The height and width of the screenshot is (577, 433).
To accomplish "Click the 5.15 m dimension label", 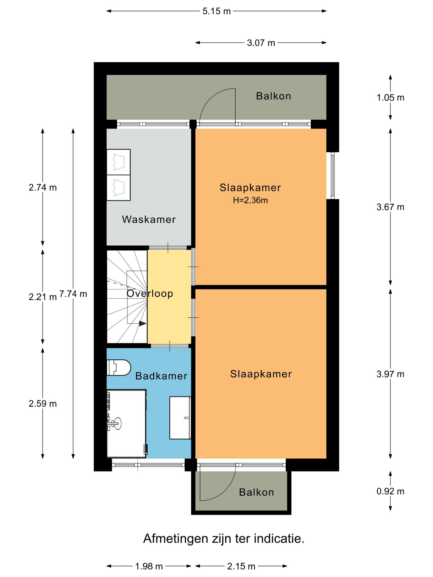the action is click(216, 11).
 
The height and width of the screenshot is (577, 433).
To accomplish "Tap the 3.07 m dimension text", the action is click(261, 43).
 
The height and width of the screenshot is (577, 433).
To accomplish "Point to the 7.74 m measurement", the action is click(73, 294).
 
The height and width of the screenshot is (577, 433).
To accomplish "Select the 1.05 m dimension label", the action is click(390, 98).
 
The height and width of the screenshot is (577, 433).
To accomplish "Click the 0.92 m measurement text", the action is click(390, 491).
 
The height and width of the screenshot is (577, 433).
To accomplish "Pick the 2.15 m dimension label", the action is click(241, 566).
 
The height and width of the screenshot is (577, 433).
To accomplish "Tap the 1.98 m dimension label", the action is click(149, 566).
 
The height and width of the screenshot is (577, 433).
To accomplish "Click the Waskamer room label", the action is click(149, 219).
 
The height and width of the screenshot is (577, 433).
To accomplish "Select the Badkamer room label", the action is click(161, 376).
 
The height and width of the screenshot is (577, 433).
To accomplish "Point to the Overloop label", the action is click(150, 294).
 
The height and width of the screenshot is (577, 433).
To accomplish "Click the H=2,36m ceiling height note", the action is click(250, 200).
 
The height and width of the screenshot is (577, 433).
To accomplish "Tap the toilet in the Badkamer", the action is click(119, 368).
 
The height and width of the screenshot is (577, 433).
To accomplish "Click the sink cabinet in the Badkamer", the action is click(180, 418).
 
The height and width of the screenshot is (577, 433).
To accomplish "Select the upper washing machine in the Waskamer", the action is click(118, 162).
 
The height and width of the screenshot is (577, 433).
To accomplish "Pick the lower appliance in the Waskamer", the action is click(118, 188).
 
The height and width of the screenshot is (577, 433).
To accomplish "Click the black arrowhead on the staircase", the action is click(143, 324).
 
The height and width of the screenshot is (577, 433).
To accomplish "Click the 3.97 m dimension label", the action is click(390, 374).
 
